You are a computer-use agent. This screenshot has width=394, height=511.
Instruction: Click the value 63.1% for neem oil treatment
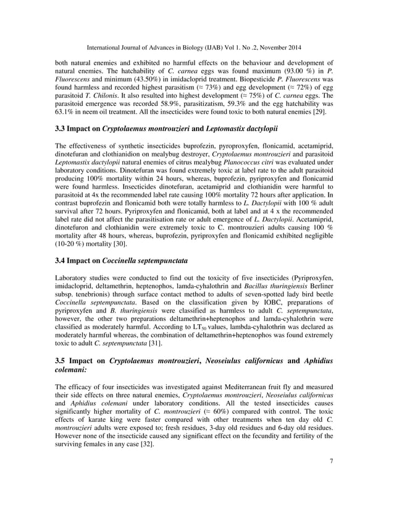pyautogui.click(x=67, y=114)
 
